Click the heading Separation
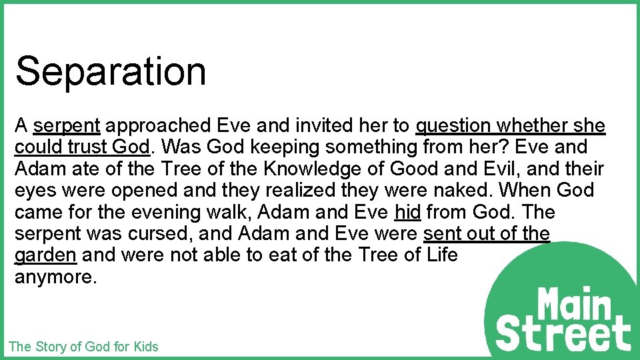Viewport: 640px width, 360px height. click(x=111, y=71)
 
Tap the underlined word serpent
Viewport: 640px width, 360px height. click(x=67, y=125)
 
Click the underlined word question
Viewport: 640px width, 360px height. click(x=453, y=125)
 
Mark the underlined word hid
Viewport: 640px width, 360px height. click(x=407, y=212)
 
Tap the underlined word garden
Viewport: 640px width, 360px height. click(x=46, y=255)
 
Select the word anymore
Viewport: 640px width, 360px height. click(x=56, y=277)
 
